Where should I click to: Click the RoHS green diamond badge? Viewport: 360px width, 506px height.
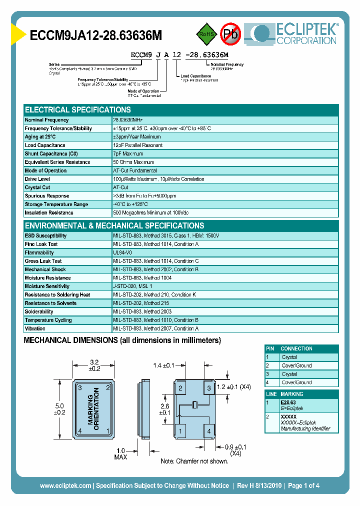[x=205, y=34]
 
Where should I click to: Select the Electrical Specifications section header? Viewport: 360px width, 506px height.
[x=78, y=109]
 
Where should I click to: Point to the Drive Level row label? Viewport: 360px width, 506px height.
[x=37, y=179]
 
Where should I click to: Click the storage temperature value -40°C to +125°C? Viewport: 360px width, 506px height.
[x=130, y=204]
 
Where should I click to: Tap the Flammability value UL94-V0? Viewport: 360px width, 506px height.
[x=122, y=253]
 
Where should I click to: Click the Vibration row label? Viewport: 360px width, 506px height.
[x=35, y=328]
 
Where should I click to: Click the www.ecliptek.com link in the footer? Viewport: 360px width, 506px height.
[x=65, y=485]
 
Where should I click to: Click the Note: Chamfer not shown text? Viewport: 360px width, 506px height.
[x=194, y=460]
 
